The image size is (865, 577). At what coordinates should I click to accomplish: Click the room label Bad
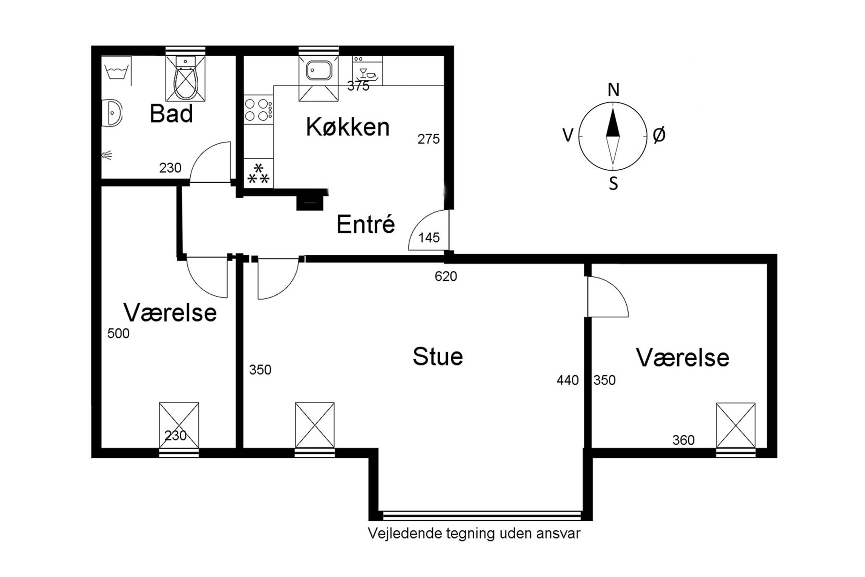[x=171, y=114]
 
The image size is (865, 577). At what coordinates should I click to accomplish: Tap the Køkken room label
[x=347, y=127]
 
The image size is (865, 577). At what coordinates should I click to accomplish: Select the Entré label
[x=365, y=225]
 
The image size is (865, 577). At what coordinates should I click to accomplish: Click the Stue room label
[x=437, y=357]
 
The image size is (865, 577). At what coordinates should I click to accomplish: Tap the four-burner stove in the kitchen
[x=258, y=110]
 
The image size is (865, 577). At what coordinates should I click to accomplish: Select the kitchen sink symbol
[x=318, y=71]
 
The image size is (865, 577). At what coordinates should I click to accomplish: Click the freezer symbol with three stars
[x=259, y=174]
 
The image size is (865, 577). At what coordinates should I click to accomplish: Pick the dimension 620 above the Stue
[x=445, y=276]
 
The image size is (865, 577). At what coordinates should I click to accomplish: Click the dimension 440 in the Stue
[x=568, y=380]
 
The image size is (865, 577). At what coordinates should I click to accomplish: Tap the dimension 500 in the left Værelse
[x=118, y=334]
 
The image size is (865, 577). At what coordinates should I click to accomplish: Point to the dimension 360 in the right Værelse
[x=683, y=440]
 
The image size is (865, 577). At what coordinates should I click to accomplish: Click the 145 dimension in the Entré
[x=429, y=238]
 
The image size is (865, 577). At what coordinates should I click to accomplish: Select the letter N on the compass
[x=613, y=90]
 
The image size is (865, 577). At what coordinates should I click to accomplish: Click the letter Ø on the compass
[x=659, y=136]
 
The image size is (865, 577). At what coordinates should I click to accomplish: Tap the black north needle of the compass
[x=613, y=124]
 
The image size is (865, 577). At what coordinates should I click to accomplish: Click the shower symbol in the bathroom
[x=107, y=155]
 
